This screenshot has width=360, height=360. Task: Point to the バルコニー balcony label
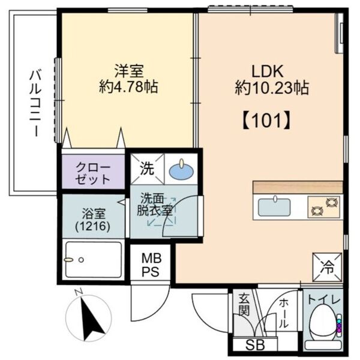[x=35, y=103]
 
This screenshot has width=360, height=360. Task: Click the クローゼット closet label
[x=93, y=173]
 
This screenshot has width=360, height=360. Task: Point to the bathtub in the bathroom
[x=93, y=260]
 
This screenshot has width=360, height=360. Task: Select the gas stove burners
[x=325, y=208]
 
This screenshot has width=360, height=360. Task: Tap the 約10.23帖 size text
[x=271, y=88]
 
